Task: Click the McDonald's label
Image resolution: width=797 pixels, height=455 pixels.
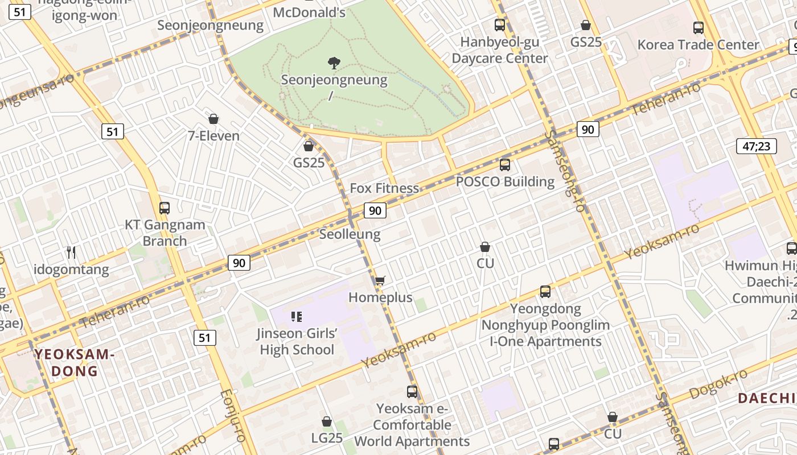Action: coord(309,12)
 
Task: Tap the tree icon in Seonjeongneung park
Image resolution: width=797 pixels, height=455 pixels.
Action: coord(334,63)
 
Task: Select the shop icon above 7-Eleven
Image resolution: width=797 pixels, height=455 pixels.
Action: coord(213,119)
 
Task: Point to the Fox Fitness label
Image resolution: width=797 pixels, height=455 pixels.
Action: coord(384,188)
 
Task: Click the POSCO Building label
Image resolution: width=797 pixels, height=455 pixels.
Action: coord(505,181)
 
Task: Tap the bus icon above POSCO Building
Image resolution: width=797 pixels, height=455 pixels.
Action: coord(505,165)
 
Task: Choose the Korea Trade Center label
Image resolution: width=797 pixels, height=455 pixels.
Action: coord(698,44)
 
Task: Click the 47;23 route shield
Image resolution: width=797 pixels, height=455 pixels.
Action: coord(756,146)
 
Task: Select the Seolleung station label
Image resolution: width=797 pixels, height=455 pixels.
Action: coord(350,234)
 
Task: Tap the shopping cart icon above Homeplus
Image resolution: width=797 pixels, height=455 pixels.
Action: coord(380,280)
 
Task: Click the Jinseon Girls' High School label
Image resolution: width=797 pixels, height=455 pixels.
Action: coord(297,341)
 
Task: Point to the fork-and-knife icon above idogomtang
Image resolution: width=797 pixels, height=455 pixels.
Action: coord(71,252)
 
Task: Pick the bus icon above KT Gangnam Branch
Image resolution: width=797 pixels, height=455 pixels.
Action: coord(165,208)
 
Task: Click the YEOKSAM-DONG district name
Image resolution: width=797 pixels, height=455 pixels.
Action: coord(75,363)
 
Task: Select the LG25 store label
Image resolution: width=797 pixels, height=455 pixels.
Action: coord(327,438)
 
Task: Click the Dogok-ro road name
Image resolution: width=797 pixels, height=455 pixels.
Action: coord(718,385)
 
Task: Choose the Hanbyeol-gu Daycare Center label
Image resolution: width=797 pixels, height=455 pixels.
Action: coord(499,50)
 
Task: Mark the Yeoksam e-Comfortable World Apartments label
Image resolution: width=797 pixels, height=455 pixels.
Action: coord(412,425)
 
